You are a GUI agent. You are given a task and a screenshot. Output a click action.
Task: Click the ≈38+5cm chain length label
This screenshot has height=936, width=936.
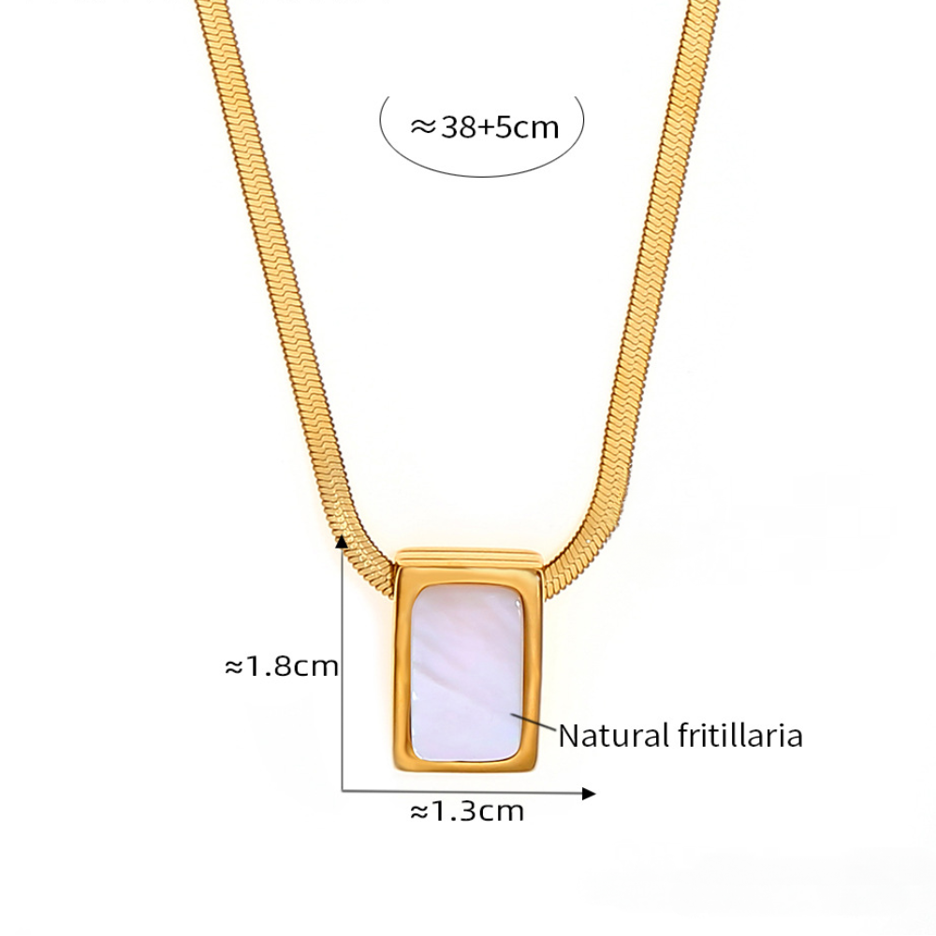click(x=485, y=127)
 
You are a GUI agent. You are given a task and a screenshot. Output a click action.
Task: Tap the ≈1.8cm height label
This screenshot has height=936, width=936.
click(x=281, y=666)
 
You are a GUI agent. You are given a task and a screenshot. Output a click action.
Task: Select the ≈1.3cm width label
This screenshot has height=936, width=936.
click(x=467, y=811)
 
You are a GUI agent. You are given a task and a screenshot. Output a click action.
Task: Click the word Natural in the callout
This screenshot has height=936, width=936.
click(x=614, y=736)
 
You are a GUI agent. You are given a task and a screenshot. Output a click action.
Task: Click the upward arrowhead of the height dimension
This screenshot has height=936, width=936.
click(x=342, y=541)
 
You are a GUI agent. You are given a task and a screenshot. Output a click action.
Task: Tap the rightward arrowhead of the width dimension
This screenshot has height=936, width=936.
click(x=589, y=794)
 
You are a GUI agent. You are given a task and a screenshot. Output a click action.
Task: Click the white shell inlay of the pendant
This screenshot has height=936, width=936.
click(x=467, y=673)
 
